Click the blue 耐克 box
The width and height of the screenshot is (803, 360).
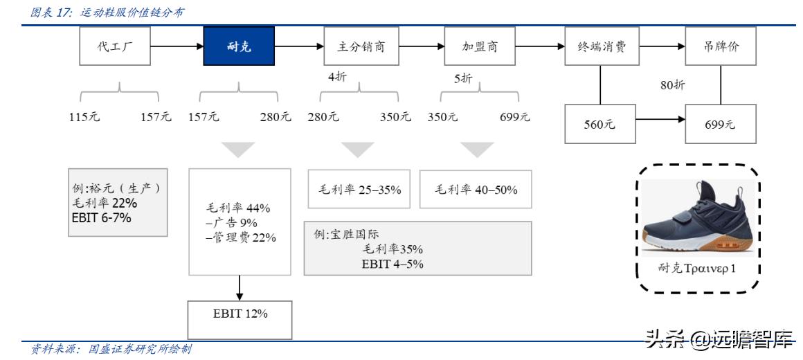(x=239, y=46)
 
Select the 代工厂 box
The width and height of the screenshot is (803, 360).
(x=115, y=46)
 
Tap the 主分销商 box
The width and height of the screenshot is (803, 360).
(x=361, y=46)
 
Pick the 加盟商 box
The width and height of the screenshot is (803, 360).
(x=480, y=46)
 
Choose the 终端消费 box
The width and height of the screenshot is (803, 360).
(x=600, y=46)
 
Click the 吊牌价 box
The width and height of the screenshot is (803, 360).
(x=721, y=46)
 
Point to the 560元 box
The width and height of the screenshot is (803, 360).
(x=599, y=125)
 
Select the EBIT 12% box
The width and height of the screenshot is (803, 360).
(x=240, y=314)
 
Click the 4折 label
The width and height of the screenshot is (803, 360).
(x=338, y=77)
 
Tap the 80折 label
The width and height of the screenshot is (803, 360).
(x=672, y=85)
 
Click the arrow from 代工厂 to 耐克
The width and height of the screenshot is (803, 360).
(x=177, y=46)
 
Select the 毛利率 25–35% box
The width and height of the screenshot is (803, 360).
(x=360, y=189)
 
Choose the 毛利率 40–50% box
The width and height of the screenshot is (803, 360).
(x=476, y=189)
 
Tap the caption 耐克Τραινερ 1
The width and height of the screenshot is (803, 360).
(x=697, y=268)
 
